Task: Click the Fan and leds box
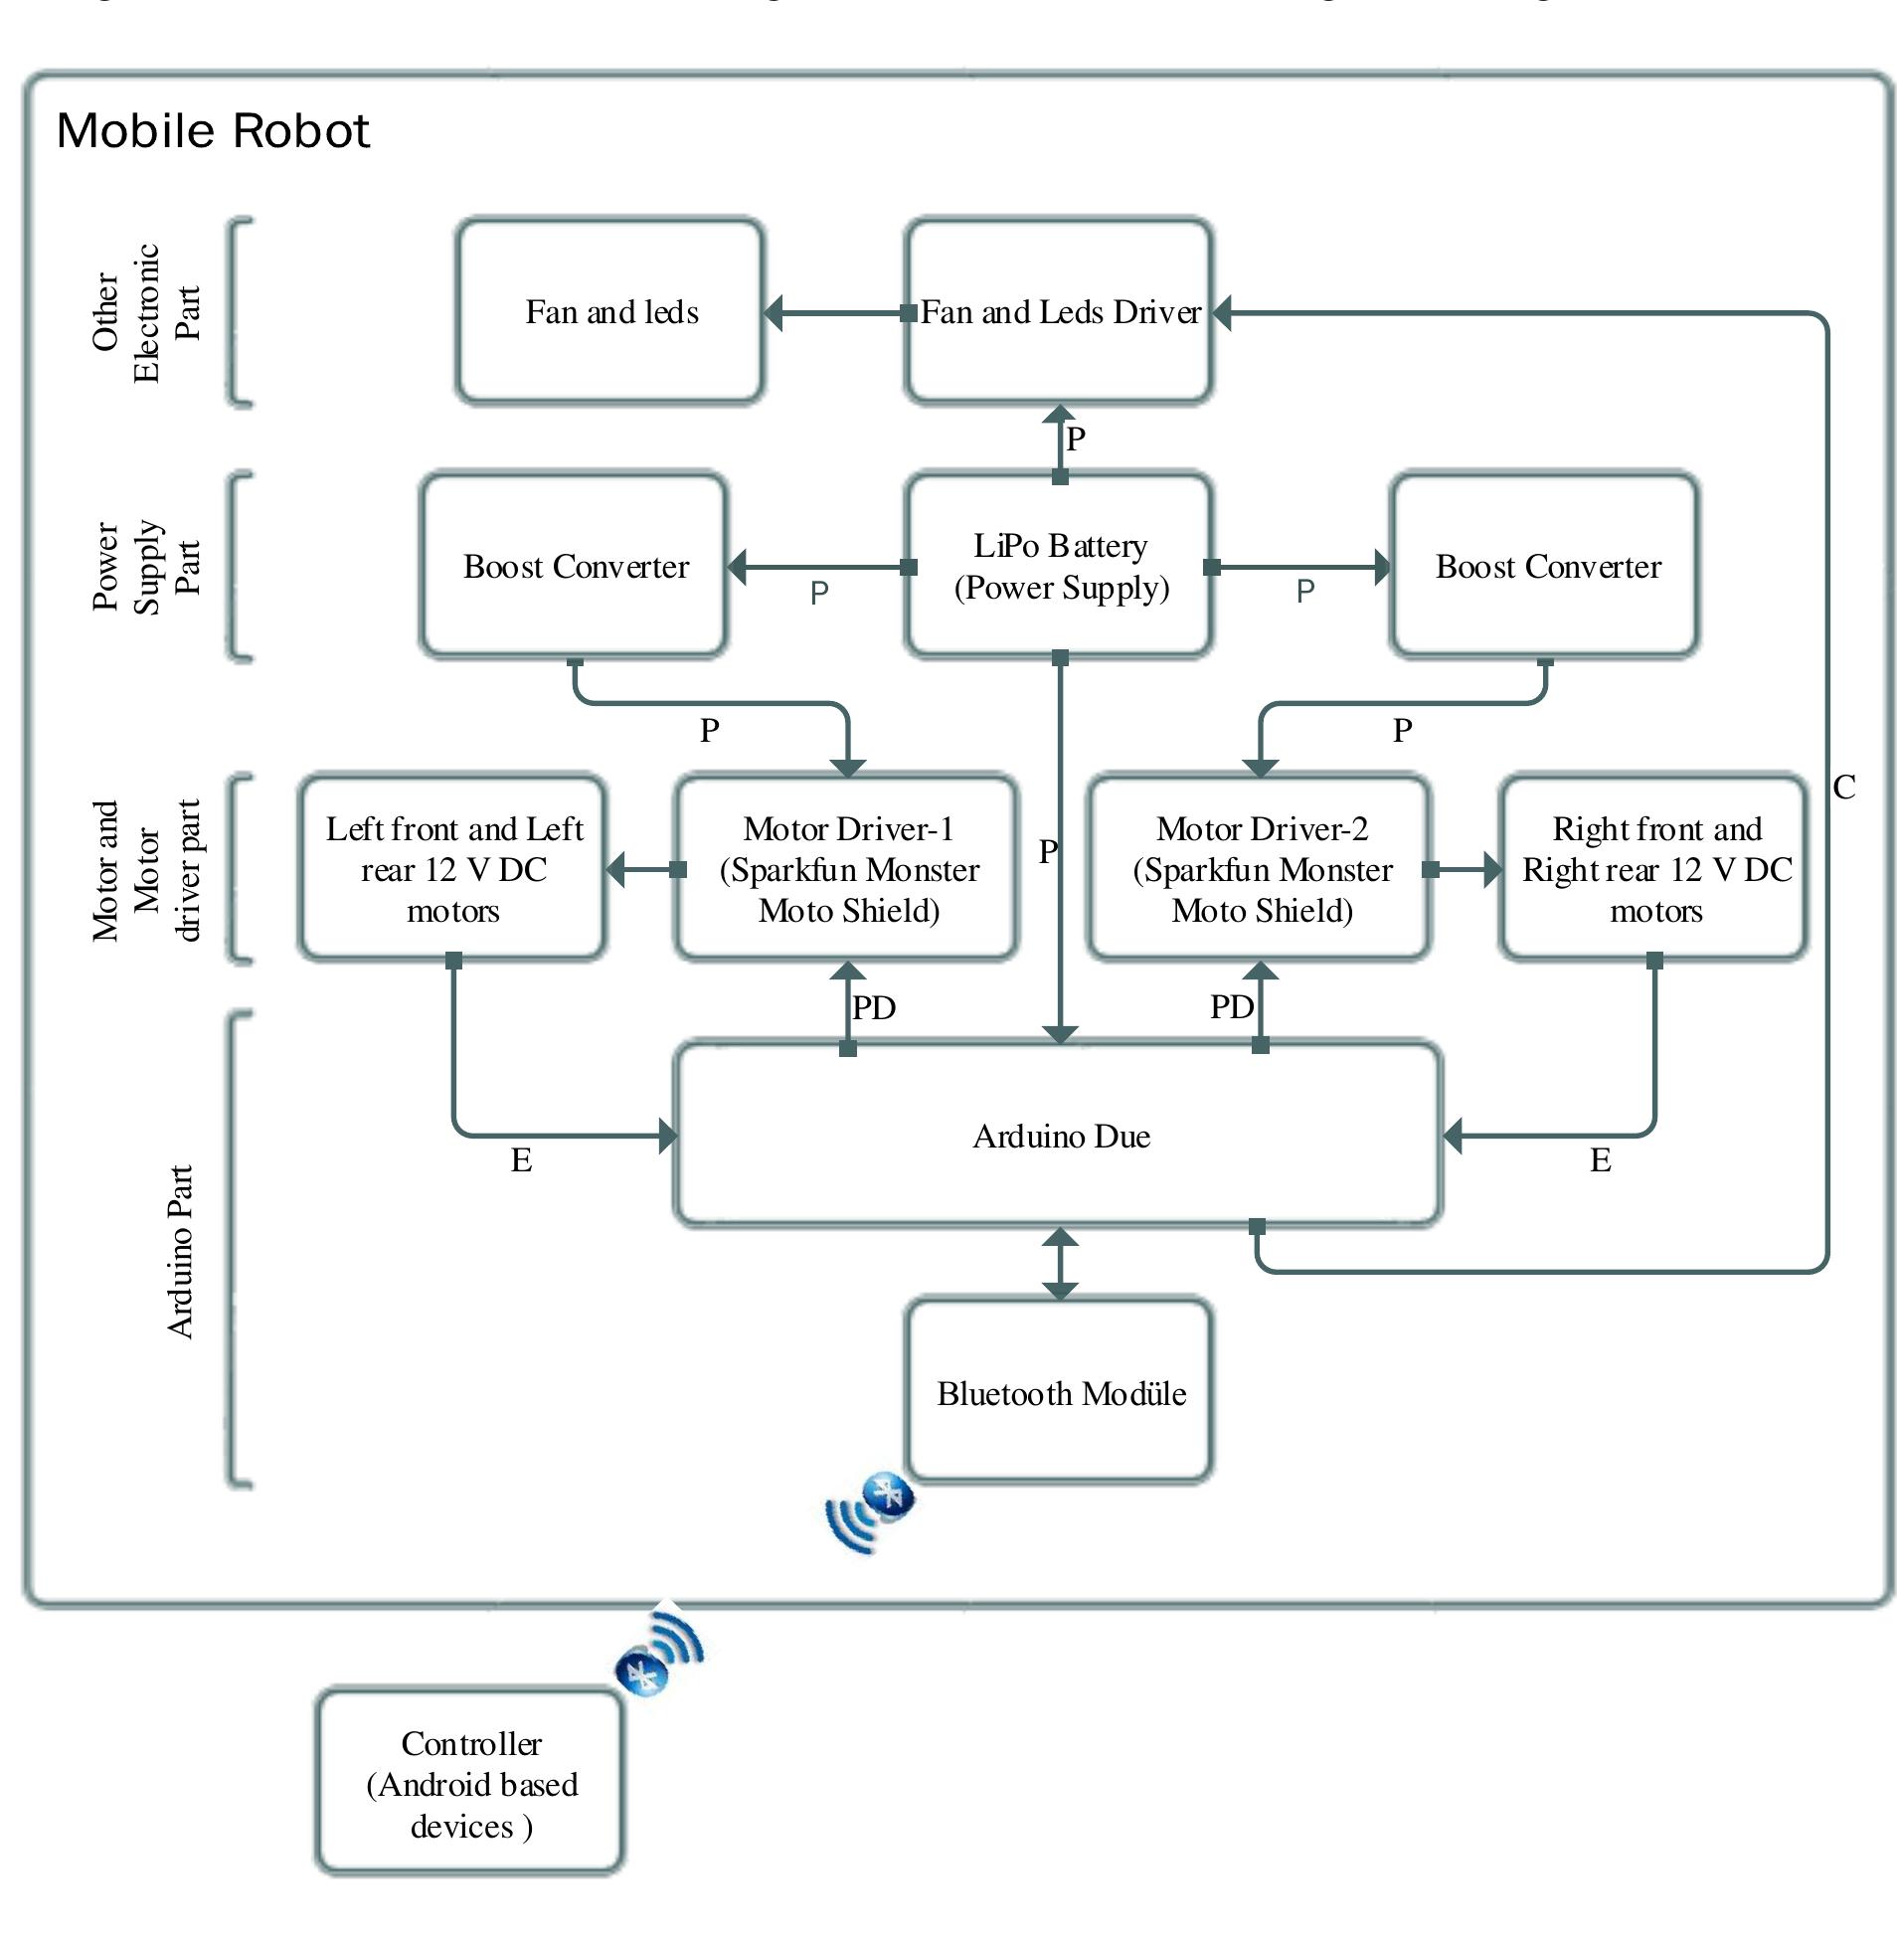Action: pos(609,311)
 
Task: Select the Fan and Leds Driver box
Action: pos(1059,311)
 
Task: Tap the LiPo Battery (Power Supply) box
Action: pos(1059,566)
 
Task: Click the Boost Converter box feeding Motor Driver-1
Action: pos(575,566)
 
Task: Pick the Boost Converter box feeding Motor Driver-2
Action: pos(1545,566)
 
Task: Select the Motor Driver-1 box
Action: pos(848,869)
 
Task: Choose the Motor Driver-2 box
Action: pos(1261,869)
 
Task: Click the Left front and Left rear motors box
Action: pos(453,869)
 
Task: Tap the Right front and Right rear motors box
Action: pos(1654,869)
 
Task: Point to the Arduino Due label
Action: pos(1061,1136)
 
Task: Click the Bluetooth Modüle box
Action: pos(1060,1392)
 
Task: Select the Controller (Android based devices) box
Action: pos(470,1784)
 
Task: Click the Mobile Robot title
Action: pos(212,130)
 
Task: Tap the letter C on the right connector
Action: pos(1844,788)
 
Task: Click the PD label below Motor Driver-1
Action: pos(874,1007)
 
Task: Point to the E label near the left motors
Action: pos(521,1159)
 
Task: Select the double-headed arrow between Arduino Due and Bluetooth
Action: pos(1060,1264)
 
